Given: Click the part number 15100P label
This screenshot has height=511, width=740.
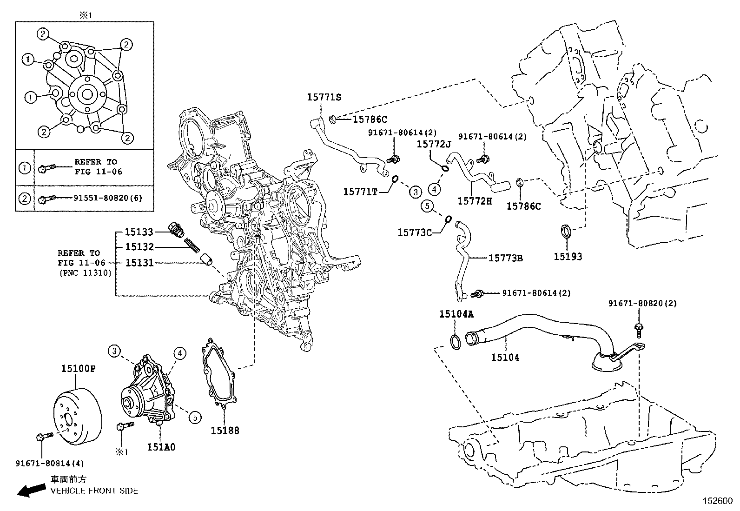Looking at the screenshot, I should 78,369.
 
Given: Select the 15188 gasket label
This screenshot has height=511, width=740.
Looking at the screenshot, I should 225,431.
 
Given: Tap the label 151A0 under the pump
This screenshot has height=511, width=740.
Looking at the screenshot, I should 161,447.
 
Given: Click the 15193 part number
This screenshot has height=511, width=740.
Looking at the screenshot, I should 568,256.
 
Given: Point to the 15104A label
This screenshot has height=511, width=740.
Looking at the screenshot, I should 456,314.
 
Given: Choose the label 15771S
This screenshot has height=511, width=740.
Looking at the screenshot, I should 324,97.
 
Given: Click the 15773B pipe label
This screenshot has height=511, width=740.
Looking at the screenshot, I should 505,258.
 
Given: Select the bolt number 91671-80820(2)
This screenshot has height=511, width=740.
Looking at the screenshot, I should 642,303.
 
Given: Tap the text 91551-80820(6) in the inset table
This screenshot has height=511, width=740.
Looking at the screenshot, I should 108,198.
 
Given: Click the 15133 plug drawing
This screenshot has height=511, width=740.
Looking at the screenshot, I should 175,229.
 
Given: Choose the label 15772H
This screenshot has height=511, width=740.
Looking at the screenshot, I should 474,200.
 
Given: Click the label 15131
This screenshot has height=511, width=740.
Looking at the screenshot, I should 139,263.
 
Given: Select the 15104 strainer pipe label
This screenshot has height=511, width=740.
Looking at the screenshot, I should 505,357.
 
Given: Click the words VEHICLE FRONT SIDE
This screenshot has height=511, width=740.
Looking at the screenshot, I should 94,491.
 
